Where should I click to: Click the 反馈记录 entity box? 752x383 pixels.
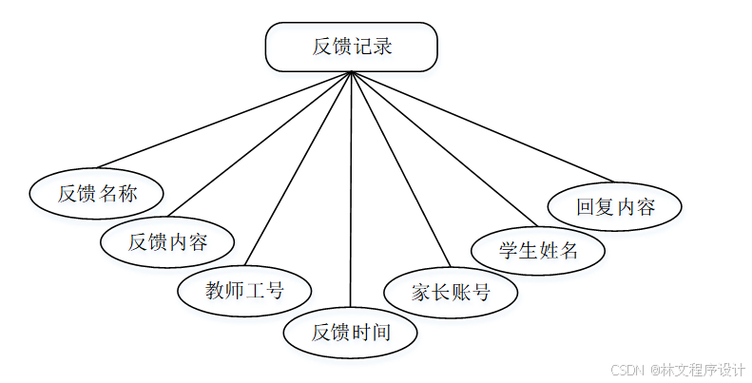pos(352,48)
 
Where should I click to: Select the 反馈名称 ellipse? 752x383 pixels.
pos(97,194)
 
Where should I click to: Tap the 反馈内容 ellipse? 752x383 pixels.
pos(167,241)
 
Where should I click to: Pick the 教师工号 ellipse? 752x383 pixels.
pos(245,289)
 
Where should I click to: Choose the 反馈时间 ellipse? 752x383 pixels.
pos(351,332)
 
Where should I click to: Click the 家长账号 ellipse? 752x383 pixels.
pos(451,292)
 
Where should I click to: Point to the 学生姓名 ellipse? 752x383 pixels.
pos(538,251)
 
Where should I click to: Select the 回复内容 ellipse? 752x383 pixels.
pos(615,206)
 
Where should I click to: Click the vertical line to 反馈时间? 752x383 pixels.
pos(352,190)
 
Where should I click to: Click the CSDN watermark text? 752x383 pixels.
pos(627,370)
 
